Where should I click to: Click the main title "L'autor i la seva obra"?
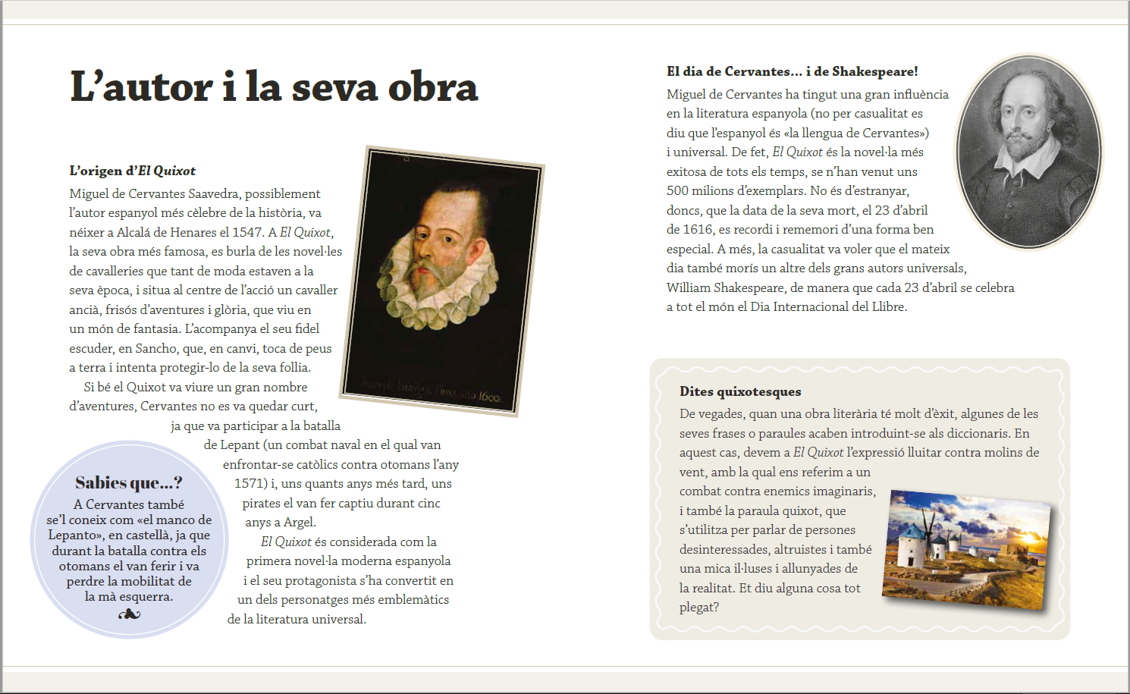274,87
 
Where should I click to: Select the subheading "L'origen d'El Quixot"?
133,171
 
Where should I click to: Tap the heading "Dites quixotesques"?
740,391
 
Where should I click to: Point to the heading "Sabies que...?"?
129,483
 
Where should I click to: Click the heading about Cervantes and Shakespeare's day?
792,71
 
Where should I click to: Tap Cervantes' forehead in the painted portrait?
452,209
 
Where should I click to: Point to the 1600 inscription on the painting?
489,397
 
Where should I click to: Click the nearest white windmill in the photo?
913,545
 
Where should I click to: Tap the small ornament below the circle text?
129,614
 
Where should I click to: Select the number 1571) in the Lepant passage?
250,483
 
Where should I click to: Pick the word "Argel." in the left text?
300,522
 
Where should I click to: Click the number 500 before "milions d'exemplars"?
679,190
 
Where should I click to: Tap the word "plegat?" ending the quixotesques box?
699,607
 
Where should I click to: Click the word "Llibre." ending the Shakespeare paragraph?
889,306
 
